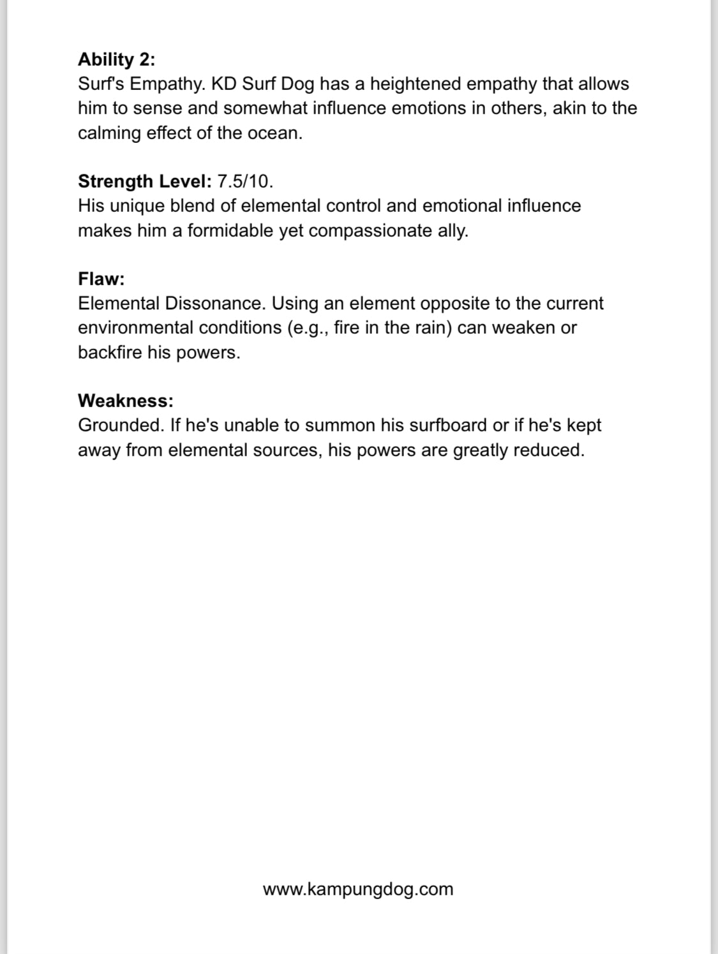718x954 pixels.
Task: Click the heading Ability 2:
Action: coord(116,59)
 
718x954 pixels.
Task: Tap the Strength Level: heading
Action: coord(144,181)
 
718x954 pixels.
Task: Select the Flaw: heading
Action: coord(101,279)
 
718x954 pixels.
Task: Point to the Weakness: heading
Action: coord(125,401)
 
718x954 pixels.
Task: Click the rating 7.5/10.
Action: coord(245,181)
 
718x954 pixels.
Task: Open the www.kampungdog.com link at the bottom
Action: coord(358,889)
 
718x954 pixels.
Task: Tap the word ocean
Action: coord(274,133)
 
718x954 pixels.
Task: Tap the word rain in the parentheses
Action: coord(423,327)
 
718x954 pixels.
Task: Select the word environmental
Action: coord(135,327)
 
